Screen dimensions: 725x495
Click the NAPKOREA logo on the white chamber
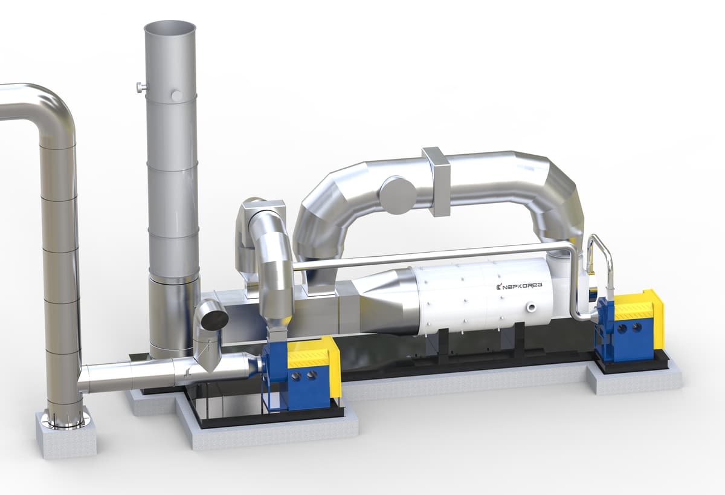[x=519, y=286]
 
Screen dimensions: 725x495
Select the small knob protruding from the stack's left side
[x=141, y=88]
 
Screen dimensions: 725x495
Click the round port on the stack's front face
[x=177, y=95]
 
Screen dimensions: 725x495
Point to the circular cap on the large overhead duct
[x=398, y=195]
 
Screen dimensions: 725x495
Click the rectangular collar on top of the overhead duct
[x=437, y=181]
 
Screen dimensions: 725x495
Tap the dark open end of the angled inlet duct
[x=214, y=320]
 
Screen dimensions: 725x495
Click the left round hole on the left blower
[x=296, y=376]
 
